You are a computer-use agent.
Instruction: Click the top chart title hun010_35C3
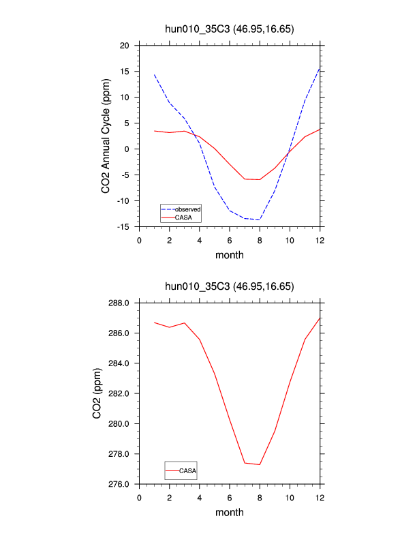tap(230, 29)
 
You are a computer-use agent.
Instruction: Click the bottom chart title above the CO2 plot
tap(230, 286)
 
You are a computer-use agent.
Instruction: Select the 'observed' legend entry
tap(187, 208)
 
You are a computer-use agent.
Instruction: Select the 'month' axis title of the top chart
tap(230, 255)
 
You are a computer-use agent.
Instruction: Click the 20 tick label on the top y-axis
tap(125, 46)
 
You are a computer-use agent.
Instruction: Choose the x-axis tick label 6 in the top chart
tap(230, 240)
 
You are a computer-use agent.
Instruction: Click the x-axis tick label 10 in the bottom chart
tap(290, 497)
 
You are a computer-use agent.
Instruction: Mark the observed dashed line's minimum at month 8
tap(260, 220)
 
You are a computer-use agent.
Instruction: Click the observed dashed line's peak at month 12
tap(320, 67)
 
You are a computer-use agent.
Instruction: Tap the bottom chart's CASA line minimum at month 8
tap(260, 464)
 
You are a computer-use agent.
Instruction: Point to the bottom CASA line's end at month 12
tap(320, 318)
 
